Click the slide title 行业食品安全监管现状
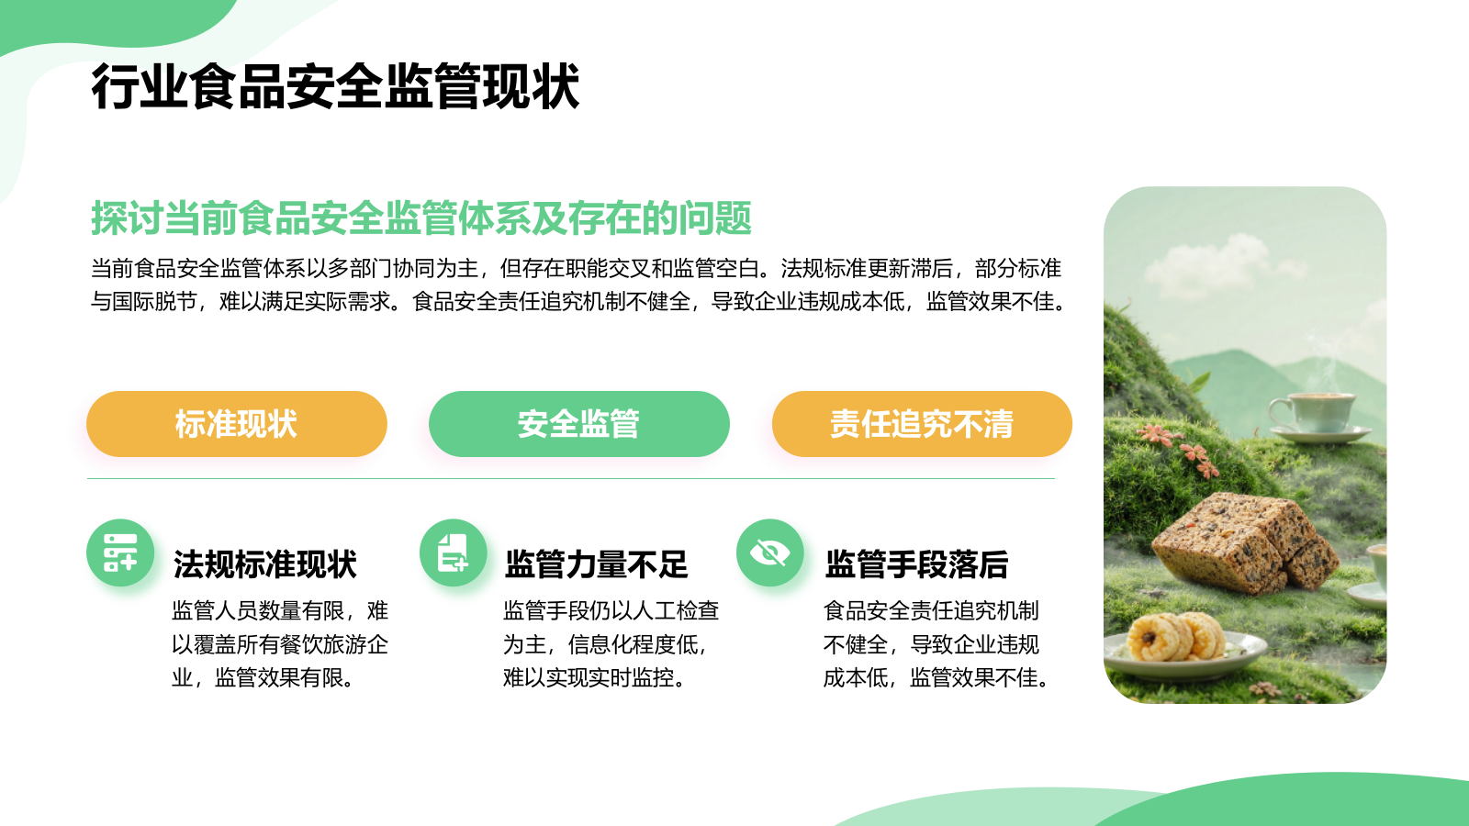click(x=335, y=87)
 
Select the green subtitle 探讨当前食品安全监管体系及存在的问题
click(x=421, y=218)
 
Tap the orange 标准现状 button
click(x=237, y=424)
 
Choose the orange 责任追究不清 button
click(x=922, y=424)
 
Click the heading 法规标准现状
click(x=265, y=564)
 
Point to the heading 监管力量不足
click(x=597, y=564)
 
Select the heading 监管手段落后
click(x=917, y=564)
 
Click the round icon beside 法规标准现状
click(x=120, y=553)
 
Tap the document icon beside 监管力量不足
click(x=453, y=553)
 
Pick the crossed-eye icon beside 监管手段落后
click(x=769, y=553)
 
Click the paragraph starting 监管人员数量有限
click(x=280, y=644)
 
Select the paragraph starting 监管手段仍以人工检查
click(x=611, y=644)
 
